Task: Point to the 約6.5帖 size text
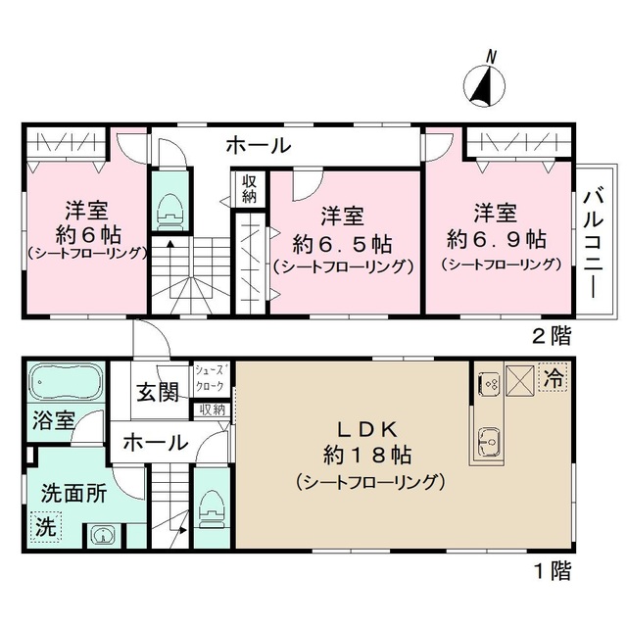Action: coord(343,241)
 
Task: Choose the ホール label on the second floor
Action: coord(259,147)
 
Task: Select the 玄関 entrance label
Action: coord(157,393)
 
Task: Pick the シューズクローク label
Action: coord(211,378)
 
